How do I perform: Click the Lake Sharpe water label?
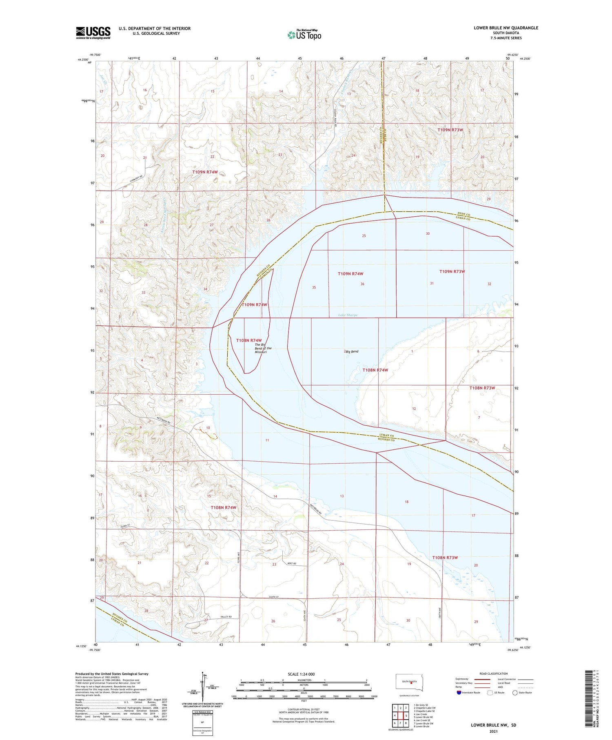pos(348,315)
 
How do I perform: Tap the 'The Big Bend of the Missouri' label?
pos(263,348)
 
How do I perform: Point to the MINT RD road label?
pos(291,563)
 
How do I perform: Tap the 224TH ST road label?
pos(274,597)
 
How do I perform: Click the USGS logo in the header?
pos(93,33)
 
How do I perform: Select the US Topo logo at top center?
pos(304,35)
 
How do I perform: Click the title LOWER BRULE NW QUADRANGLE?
pos(506,28)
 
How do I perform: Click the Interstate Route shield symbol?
pos(459,693)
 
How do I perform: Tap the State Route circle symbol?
pos(515,693)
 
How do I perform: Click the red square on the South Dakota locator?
pos(411,684)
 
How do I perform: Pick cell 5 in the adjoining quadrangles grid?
pos(406,716)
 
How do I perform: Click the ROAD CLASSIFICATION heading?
pos(494,673)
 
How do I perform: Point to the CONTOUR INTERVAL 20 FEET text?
pos(304,709)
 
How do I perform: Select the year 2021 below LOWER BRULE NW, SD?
pos(493,732)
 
